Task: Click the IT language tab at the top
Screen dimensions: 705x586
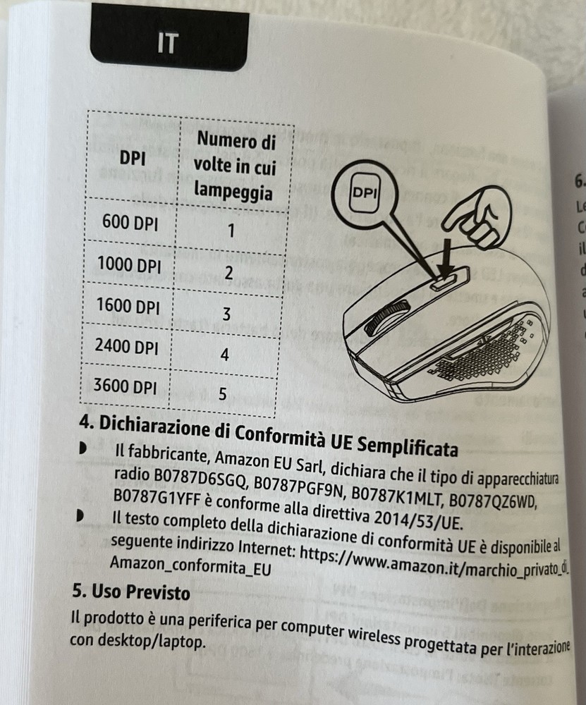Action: (x=168, y=44)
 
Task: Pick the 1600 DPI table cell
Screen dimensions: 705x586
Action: (x=129, y=307)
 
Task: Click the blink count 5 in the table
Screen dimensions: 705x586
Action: (x=221, y=393)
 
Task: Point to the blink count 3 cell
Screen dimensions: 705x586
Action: (x=226, y=314)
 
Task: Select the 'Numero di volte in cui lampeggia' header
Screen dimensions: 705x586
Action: (x=235, y=167)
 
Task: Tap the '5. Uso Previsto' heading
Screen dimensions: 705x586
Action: (x=131, y=591)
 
